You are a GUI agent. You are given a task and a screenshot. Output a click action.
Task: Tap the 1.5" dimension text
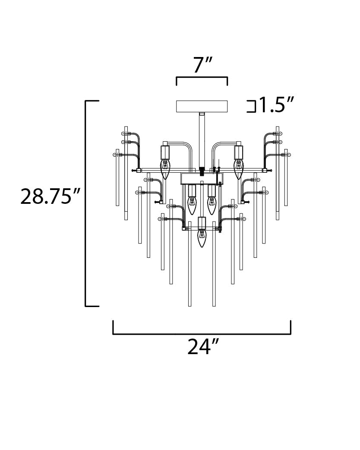(x=276, y=105)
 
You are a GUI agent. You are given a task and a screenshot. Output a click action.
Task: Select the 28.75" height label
(x=50, y=196)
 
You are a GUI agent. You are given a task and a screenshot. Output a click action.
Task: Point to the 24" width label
(x=203, y=347)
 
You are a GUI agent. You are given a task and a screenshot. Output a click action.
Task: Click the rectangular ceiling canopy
(x=202, y=106)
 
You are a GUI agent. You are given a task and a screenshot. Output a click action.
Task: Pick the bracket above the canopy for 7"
(x=202, y=77)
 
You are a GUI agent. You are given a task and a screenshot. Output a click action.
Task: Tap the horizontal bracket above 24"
(x=202, y=334)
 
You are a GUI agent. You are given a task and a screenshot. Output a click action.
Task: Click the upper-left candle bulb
(x=165, y=169)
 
